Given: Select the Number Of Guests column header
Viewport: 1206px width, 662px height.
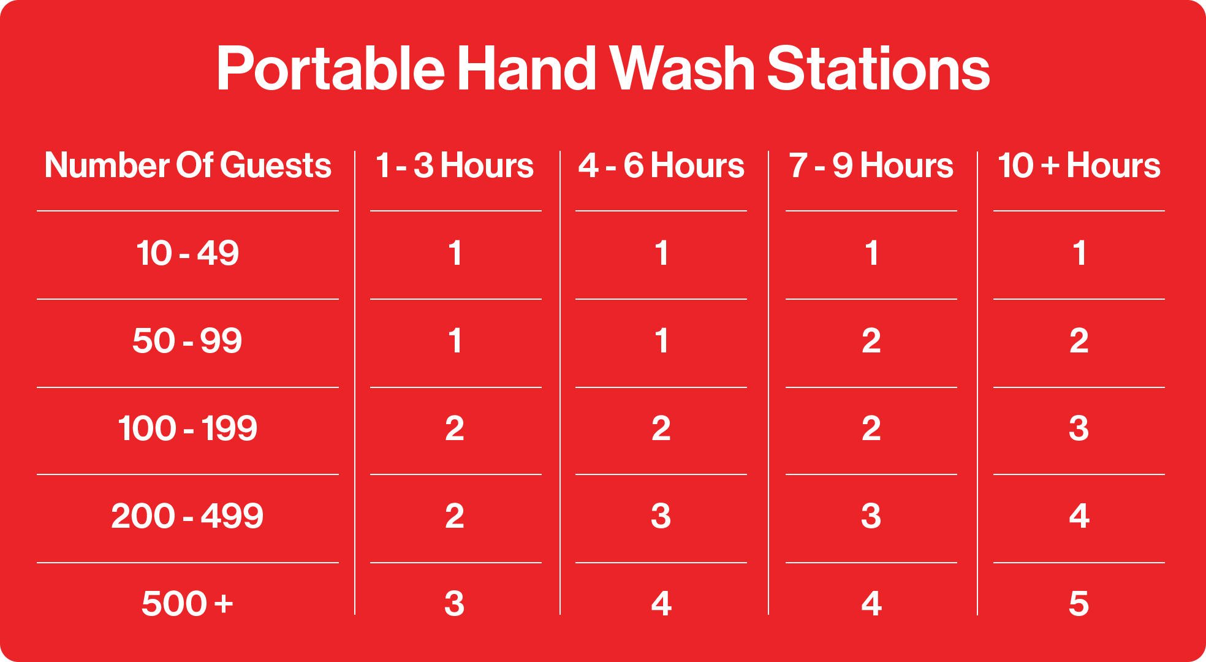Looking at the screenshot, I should (x=188, y=165).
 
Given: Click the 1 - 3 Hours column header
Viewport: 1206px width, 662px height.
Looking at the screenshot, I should (x=455, y=165).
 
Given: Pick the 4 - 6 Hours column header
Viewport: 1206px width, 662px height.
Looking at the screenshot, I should (x=661, y=165).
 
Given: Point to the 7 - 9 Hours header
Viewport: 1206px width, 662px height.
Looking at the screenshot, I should (x=871, y=165).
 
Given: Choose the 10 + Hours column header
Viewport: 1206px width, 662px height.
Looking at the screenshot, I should (x=1079, y=165).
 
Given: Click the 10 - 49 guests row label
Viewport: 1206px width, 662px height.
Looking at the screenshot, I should (x=188, y=253).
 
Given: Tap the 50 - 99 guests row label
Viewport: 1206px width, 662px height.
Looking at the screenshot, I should (x=188, y=341).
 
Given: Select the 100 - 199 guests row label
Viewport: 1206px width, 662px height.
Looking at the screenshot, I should (x=188, y=428).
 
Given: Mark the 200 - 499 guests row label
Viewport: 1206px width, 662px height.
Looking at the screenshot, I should (x=188, y=516).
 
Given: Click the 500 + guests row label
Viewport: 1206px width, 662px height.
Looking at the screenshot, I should (x=188, y=604).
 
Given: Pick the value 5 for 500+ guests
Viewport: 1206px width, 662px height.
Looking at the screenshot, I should (x=1079, y=604).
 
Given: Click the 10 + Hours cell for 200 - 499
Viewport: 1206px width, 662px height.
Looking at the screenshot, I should (x=1079, y=516).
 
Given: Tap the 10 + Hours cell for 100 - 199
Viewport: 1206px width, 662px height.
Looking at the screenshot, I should (x=1079, y=428).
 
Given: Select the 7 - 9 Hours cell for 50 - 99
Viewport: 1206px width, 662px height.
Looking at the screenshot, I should (x=871, y=341).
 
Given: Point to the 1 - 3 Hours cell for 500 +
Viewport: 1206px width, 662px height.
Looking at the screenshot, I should (x=455, y=604).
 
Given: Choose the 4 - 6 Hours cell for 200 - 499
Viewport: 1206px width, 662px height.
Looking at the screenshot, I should (x=661, y=516).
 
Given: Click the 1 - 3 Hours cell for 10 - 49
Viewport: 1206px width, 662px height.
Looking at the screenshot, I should (x=455, y=253).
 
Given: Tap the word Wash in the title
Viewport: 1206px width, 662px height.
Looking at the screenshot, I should (x=681, y=69).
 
